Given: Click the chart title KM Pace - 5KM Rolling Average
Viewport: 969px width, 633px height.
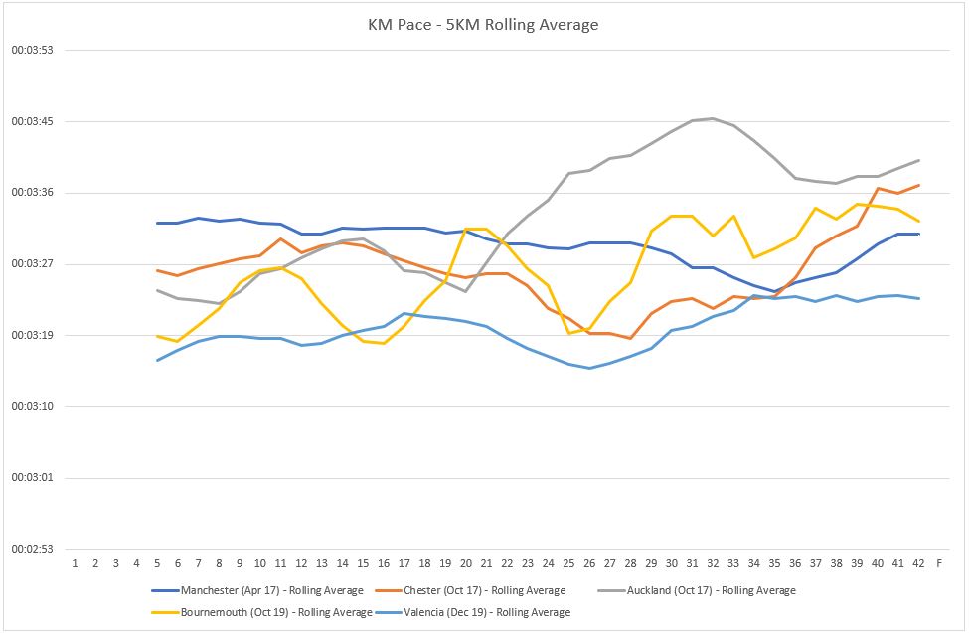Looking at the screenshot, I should coord(483,24).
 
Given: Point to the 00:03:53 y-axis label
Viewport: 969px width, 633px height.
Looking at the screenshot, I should coord(32,51).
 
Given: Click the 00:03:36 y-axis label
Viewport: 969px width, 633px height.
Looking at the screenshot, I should coord(32,193).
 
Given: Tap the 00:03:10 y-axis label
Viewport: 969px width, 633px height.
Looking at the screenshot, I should coord(32,406).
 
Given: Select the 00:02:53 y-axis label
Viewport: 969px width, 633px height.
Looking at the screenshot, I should coord(32,549).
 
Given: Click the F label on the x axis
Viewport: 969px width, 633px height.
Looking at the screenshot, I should coord(939,563).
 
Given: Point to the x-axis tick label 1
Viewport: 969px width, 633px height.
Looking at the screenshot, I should coord(75,563).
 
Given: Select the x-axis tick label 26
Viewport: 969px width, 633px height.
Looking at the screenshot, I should coord(589,563).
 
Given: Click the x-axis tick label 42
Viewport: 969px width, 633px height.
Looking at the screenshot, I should coord(918,563).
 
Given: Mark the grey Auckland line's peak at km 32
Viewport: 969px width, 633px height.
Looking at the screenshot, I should coord(713,118).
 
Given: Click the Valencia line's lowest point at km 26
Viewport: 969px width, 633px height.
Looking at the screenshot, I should coord(589,368).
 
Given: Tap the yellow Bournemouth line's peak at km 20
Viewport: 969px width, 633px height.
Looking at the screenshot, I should coord(466,229).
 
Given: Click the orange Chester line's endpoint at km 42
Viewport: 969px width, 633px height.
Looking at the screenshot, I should coord(918,185).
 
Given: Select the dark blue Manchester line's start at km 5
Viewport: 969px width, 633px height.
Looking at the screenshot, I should coord(157,223).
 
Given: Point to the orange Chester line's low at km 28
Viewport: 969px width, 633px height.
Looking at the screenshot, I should coord(630,338).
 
